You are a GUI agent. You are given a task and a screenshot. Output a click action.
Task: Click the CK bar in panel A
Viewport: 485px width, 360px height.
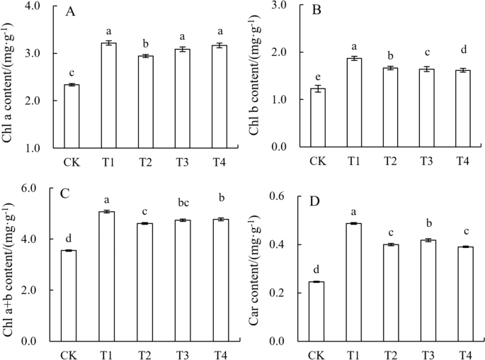pos(72,116)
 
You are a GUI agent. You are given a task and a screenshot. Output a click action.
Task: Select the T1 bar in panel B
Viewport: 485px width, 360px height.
pos(354,103)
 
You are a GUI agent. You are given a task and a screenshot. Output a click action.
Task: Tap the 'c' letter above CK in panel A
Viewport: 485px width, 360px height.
pos(72,72)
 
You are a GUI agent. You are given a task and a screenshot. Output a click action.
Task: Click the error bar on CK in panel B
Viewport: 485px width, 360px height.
pos(318,89)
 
